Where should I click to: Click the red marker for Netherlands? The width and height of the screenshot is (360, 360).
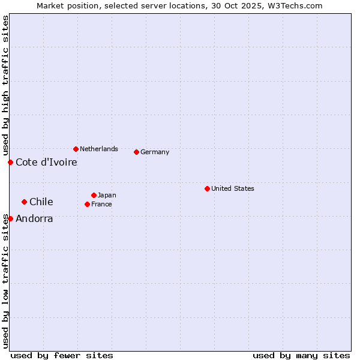point(76,149)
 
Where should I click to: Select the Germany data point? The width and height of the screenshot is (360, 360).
point(137,152)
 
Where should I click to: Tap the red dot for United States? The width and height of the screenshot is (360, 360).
point(207,188)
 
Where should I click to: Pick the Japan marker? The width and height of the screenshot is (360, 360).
point(94,195)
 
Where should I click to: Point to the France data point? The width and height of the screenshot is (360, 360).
point(87,204)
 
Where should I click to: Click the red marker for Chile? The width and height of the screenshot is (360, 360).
point(24,202)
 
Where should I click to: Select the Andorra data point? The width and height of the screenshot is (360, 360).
point(10,218)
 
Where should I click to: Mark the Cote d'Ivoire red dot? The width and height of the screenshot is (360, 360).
point(10,162)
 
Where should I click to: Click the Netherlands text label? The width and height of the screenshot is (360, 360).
point(99,149)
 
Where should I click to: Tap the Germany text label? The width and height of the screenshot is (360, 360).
point(155,152)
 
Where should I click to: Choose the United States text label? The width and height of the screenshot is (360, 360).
point(233,188)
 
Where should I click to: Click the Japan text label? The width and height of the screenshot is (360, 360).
point(107,195)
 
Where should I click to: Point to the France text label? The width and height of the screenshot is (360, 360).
point(101,204)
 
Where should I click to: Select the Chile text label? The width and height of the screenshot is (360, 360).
point(41,202)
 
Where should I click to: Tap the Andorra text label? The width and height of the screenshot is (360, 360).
point(34,218)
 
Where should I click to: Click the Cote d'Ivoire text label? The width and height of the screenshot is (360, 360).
point(46,162)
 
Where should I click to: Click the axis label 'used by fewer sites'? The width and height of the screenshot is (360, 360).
point(62,355)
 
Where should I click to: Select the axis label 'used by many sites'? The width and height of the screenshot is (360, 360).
point(301,355)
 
